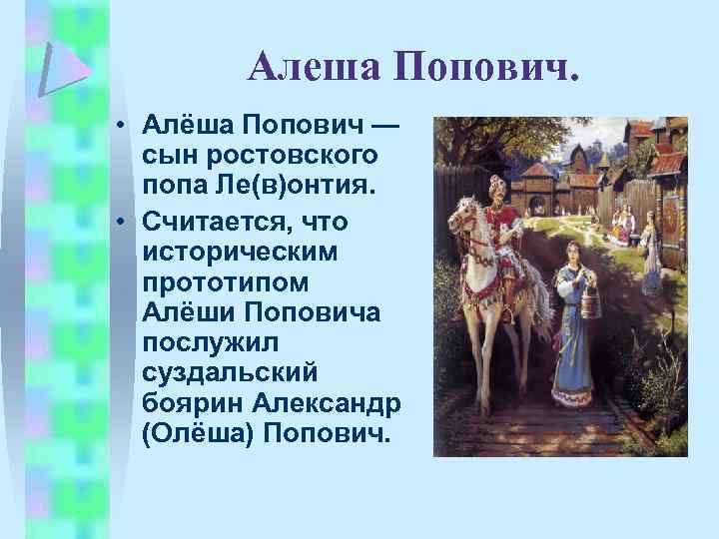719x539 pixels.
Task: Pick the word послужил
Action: pyautogui.click(x=206, y=342)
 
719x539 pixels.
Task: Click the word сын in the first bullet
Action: pyautogui.click(x=166, y=158)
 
